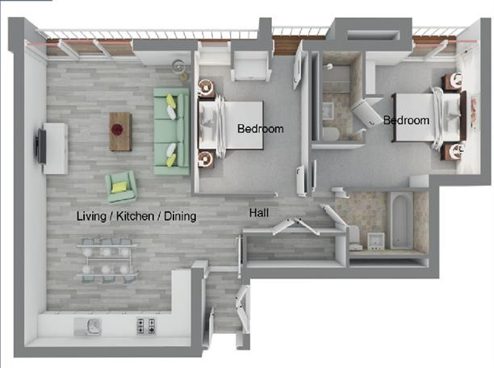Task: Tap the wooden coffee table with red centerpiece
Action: tap(120, 131)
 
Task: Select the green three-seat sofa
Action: tap(172, 131)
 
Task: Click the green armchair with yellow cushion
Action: tap(121, 187)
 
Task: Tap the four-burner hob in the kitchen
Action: tap(146, 326)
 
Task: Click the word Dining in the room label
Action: tap(178, 216)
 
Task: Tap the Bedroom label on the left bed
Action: tap(260, 128)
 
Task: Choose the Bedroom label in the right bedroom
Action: tap(406, 120)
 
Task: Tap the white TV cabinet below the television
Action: tap(55, 148)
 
